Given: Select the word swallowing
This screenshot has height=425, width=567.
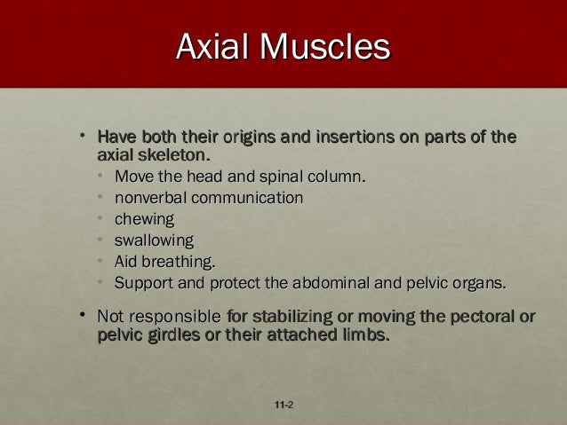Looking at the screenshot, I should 154,240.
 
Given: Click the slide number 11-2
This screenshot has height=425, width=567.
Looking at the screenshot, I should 284,405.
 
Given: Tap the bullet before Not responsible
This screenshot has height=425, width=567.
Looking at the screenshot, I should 82,315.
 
